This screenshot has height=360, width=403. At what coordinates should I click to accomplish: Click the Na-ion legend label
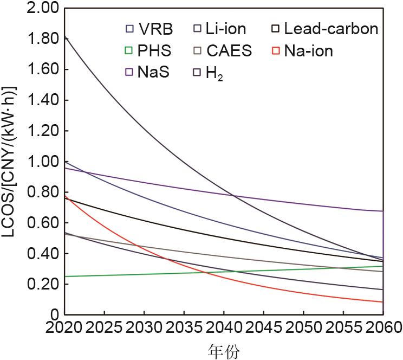coord(308,52)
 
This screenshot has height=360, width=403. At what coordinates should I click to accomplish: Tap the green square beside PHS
coord(129,52)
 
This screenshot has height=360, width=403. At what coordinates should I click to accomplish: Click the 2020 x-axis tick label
coord(66,328)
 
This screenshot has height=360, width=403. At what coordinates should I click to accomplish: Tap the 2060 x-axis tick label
coord(382,328)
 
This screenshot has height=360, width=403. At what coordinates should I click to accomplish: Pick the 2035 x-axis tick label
coord(185,328)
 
